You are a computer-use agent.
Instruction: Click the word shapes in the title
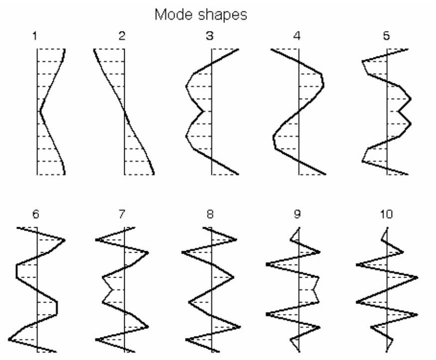click(x=222, y=15)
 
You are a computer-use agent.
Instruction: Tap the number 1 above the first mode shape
click(x=34, y=36)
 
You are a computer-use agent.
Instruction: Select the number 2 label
click(x=122, y=36)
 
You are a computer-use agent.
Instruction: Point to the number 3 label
click(x=210, y=36)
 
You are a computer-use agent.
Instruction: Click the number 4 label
click(x=297, y=36)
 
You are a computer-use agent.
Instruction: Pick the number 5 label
click(x=386, y=36)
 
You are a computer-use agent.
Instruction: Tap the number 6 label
click(x=35, y=214)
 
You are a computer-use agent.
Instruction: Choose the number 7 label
click(x=122, y=214)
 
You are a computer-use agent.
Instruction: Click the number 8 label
click(x=210, y=214)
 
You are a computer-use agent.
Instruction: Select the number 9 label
click(x=297, y=214)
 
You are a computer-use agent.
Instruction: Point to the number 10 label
click(x=386, y=214)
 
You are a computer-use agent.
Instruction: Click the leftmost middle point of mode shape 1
click(x=40, y=111)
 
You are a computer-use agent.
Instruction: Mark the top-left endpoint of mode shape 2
click(x=94, y=49)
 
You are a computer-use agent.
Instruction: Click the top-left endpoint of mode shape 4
click(x=271, y=49)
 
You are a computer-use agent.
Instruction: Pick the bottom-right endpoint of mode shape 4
click(x=325, y=174)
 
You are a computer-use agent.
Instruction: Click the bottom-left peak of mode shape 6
click(x=9, y=340)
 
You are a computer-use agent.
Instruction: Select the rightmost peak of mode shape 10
click(x=418, y=278)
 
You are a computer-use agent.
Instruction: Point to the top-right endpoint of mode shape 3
click(x=238, y=49)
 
